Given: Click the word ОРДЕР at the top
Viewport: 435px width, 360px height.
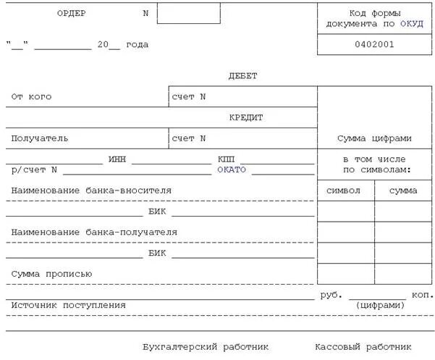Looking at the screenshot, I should point(72,13).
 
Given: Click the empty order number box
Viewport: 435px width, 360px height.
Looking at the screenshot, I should point(188,13).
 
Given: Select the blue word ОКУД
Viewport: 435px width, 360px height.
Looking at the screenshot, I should point(411,23).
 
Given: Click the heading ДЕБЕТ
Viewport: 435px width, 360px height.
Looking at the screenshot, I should point(242,75).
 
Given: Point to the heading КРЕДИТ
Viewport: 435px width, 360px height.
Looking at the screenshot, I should point(246,117).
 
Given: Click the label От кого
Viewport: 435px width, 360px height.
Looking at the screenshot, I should point(31,96).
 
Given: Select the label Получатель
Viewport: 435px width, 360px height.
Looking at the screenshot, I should point(40,138).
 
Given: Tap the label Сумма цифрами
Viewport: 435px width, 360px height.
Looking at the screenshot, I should point(374,138).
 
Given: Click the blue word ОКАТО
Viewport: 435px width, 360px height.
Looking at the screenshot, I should point(232,169).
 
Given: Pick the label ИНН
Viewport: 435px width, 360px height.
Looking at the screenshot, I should point(117,158).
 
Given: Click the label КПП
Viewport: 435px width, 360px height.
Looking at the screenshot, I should point(226,158).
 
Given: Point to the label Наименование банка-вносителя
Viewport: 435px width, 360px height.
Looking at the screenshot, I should point(91,190).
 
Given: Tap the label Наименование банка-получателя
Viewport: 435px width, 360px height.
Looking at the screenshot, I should point(94,232).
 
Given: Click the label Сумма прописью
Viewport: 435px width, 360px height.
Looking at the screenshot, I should point(51,274).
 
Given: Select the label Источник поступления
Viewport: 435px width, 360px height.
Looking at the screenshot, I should point(68,305).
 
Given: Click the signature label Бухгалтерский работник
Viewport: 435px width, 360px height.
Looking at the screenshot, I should point(206,346).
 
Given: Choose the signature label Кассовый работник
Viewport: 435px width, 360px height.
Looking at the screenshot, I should point(363,346).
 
